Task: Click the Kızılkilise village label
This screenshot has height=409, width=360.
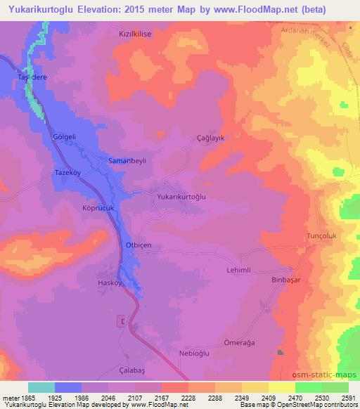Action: click(134, 33)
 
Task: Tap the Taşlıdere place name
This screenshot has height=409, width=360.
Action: click(27, 79)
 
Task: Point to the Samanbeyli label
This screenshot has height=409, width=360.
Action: click(127, 161)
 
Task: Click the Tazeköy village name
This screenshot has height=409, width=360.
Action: click(68, 172)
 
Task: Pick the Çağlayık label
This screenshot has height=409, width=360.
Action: click(210, 139)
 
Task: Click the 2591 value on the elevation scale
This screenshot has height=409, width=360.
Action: click(349, 398)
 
